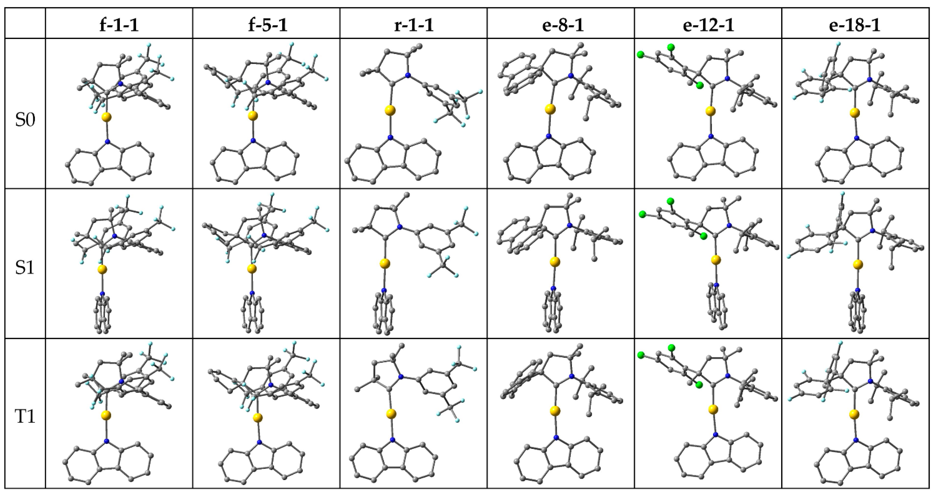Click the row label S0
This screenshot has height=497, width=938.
pos(25,120)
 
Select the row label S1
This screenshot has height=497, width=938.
pos(25,268)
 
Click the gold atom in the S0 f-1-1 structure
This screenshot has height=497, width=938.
pos(106,117)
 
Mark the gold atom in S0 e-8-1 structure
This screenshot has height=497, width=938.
pos(551,109)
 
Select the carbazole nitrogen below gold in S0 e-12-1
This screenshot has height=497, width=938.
pos(710,137)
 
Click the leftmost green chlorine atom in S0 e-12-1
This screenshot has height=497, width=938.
pos(641,55)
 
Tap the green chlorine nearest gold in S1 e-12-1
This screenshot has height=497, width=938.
pos(703,236)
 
